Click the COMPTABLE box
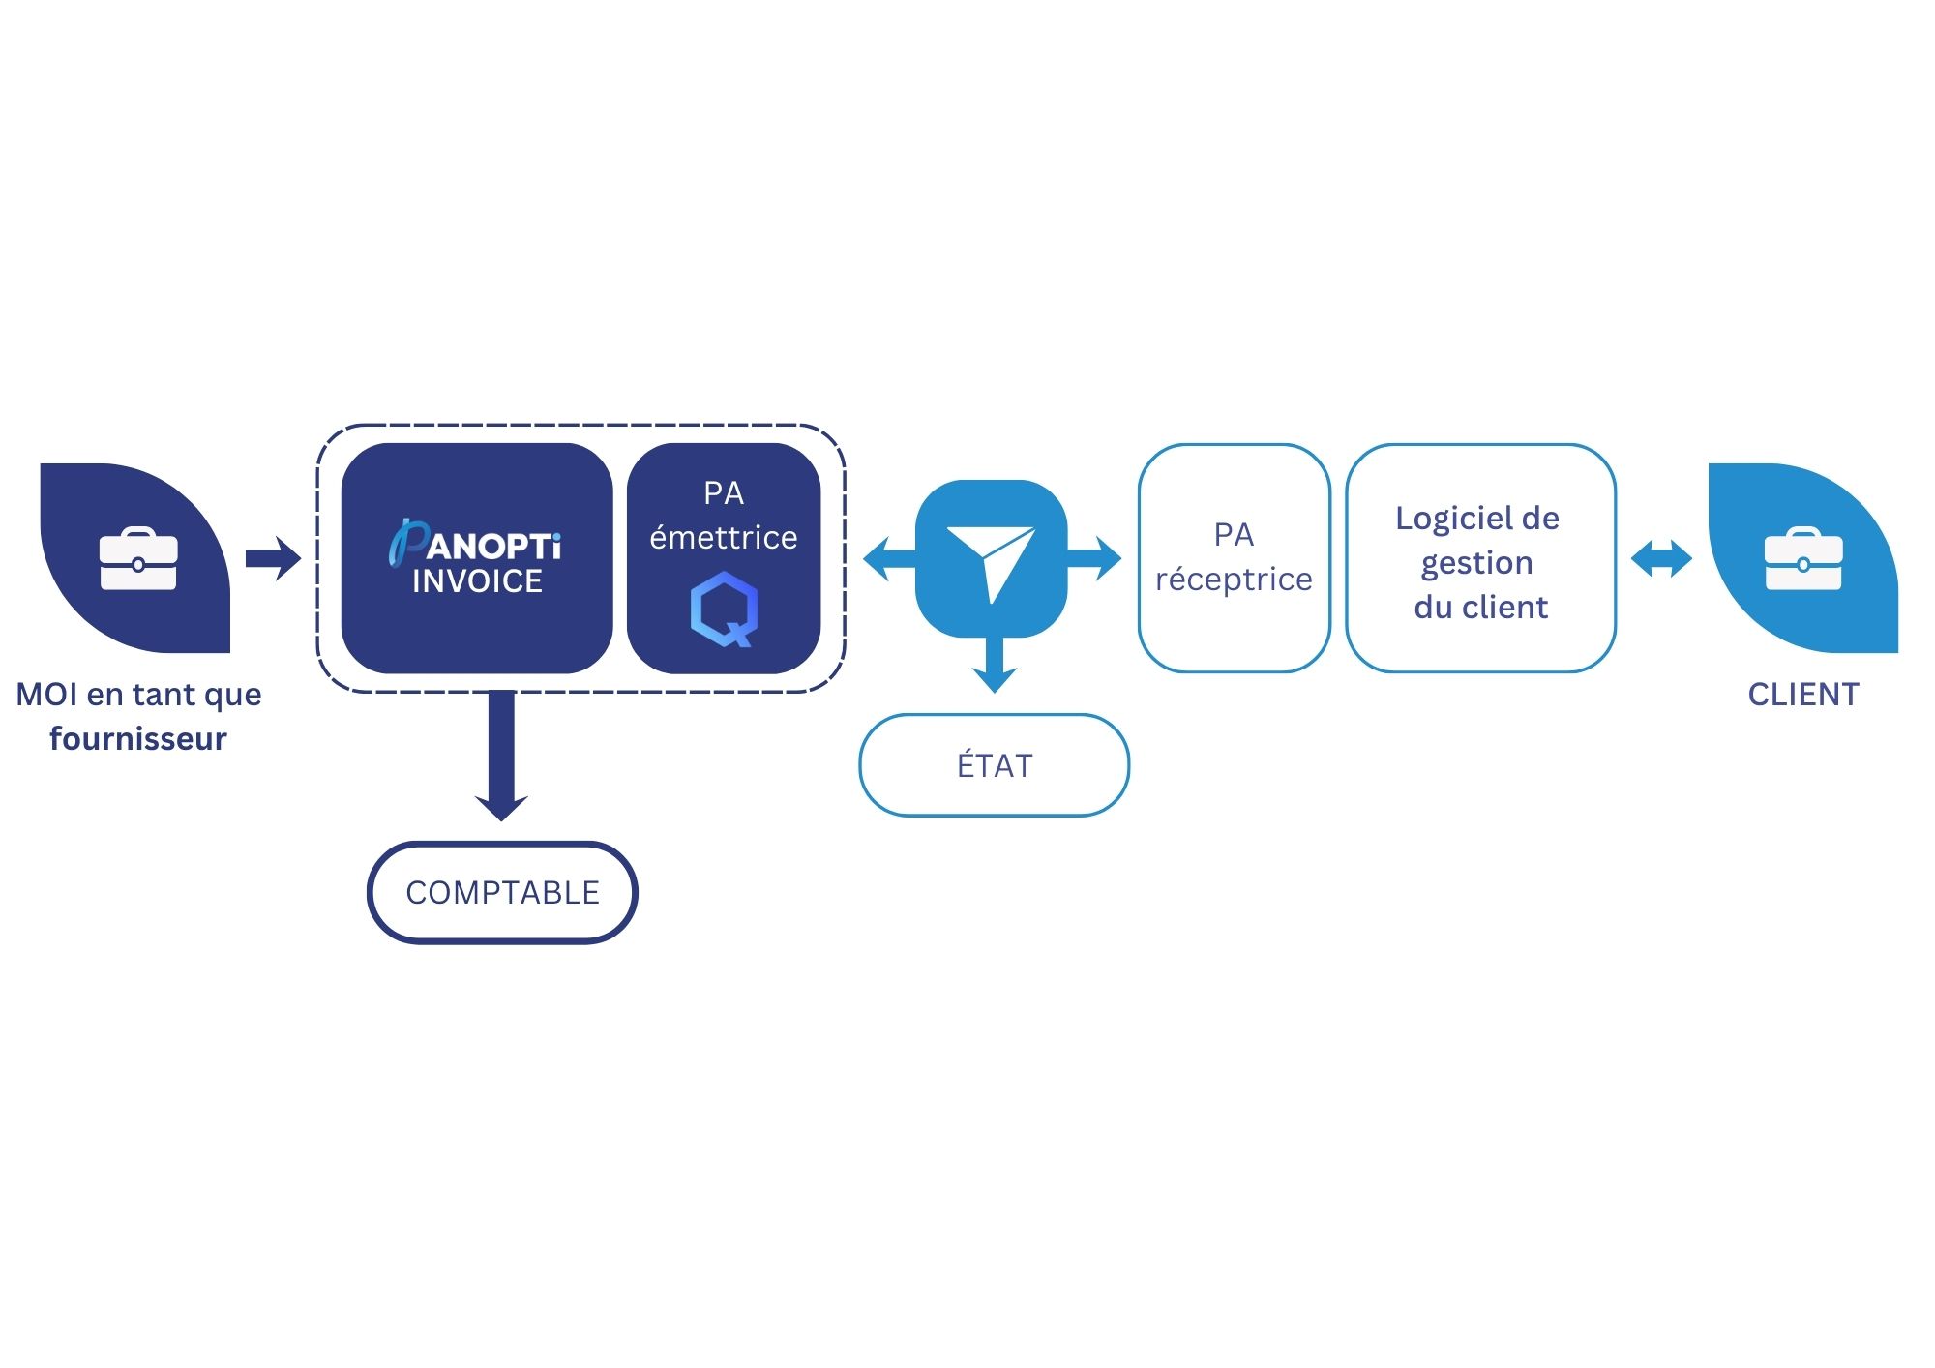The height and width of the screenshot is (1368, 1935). pos(502,892)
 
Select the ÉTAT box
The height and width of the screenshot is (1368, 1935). pos(995,765)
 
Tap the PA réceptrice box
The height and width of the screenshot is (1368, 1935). pos(1234,557)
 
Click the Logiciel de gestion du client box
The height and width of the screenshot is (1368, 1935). pos(1480,557)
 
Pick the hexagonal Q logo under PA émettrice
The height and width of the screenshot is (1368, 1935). pos(724,609)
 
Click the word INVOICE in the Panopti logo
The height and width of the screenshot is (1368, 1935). pos(478,581)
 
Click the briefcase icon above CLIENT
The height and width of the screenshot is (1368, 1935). pos(1803,558)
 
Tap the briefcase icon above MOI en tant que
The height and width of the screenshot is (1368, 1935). pos(138,558)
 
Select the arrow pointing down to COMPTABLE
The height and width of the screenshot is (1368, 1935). pos(501,756)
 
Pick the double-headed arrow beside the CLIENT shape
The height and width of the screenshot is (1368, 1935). pos(1661,558)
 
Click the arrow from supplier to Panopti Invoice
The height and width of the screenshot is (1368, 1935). pos(273,558)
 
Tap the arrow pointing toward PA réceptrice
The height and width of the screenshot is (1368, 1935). pos(1094,558)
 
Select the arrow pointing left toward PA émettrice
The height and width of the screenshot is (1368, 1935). pos(889,558)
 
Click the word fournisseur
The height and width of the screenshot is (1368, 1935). pos(138,738)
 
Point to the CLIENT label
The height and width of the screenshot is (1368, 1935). pos(1803,695)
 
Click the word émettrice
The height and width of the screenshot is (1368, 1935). pos(724,537)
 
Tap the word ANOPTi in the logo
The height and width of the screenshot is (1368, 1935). pos(493,547)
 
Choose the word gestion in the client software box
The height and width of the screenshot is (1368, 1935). pos(1477,564)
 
